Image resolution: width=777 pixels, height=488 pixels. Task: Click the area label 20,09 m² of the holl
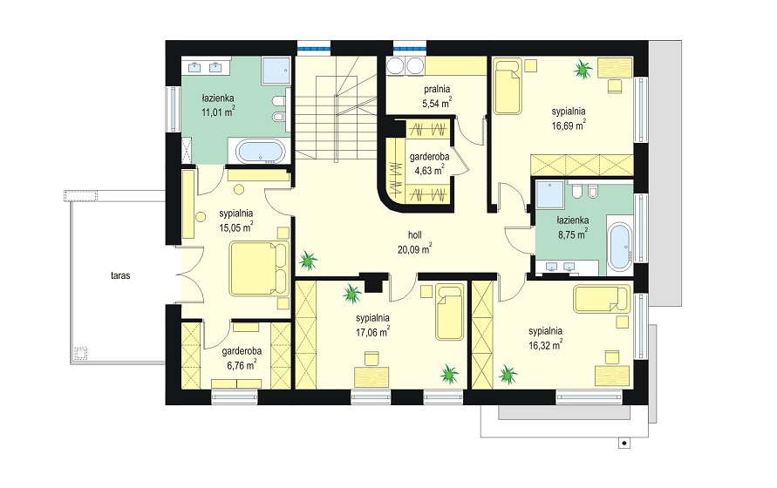point(413,249)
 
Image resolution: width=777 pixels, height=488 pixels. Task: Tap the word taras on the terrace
point(120,275)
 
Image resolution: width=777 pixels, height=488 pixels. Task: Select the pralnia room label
point(437,89)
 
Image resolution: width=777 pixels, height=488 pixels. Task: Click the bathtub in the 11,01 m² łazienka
point(260,151)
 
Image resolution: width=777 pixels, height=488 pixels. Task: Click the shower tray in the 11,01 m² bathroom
point(276,70)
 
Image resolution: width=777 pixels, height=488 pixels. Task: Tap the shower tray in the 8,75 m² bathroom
point(549,194)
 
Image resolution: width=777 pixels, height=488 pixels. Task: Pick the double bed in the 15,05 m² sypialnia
point(259,269)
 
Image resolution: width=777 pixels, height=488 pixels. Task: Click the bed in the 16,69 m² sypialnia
point(508,86)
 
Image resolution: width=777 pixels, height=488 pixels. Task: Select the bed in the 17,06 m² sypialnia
point(450,312)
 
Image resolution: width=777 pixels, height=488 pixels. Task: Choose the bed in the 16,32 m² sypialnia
point(602,299)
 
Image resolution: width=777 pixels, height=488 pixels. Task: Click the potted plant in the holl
point(308,260)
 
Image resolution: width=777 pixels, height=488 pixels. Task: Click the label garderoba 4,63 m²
point(429,164)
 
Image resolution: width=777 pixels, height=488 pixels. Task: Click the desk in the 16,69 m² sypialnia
point(615,67)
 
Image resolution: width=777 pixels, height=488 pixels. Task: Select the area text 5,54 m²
point(437,104)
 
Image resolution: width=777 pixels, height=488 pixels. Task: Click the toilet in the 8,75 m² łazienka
point(576,190)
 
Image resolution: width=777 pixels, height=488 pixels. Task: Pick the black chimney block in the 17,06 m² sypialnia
point(372,282)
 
